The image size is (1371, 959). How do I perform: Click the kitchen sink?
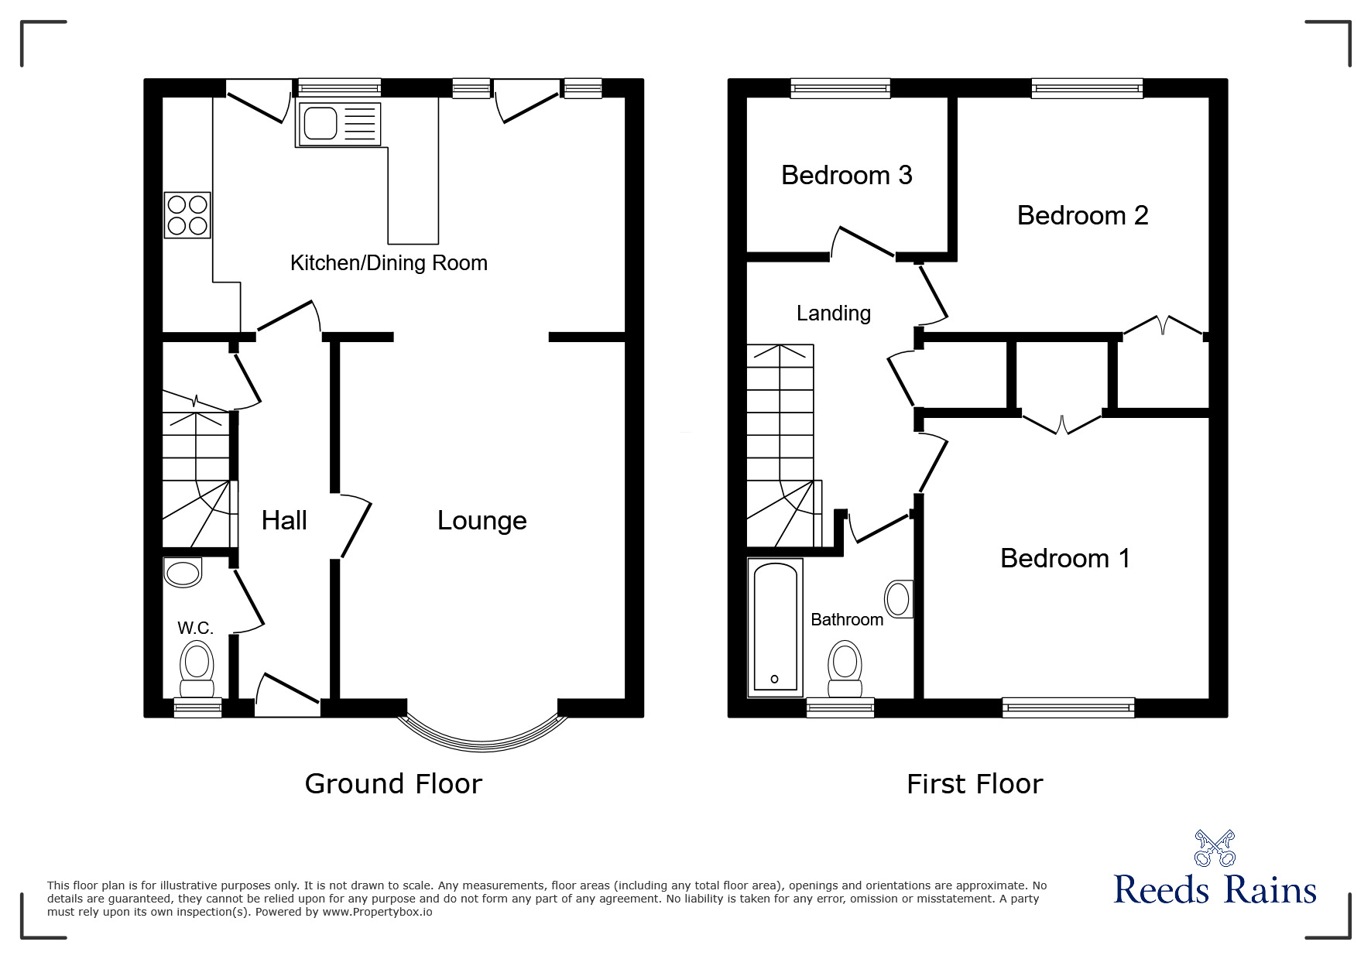[338, 125]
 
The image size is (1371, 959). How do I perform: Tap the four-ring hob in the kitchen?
[187, 215]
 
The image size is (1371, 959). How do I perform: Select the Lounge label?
[482, 520]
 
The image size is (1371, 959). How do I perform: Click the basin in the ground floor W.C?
[183, 573]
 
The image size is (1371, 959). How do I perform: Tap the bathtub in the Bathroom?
[775, 627]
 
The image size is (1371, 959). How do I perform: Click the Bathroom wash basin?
[899, 599]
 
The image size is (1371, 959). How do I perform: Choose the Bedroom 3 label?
[846, 176]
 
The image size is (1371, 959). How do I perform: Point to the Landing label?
[833, 313]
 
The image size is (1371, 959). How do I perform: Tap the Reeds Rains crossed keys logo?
[1215, 848]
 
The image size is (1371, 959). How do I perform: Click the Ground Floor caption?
[393, 784]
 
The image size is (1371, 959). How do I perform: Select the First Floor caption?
[975, 784]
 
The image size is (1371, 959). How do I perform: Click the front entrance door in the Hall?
[286, 693]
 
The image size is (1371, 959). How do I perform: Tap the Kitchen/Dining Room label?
[389, 263]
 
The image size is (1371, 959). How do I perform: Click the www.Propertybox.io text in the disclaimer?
[377, 912]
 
